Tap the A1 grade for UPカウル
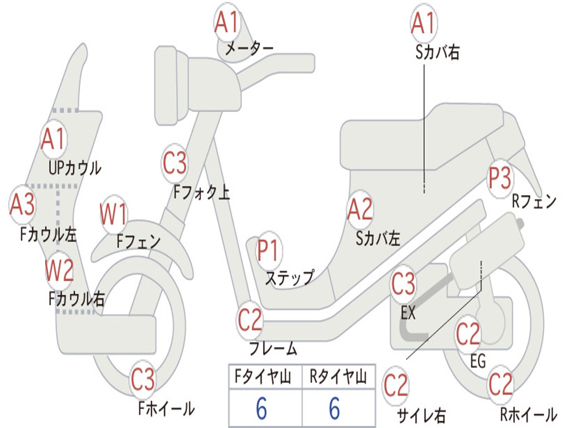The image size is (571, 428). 54,139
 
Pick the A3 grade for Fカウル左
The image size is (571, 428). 23,205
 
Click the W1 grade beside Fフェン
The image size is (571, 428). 114,214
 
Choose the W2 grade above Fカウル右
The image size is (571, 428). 59,270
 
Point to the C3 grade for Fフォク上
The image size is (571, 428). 175,163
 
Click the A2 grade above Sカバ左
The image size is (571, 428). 360,210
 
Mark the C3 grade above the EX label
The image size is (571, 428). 403,284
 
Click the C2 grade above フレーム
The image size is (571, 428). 250,320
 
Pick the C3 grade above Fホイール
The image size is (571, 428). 143,380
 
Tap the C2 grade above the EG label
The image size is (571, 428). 468,334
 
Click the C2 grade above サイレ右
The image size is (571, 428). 396,386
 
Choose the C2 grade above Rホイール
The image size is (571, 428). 500,384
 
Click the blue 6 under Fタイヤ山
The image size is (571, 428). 262,408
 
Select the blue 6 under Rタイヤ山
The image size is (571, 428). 335,408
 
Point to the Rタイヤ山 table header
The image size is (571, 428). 338,378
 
